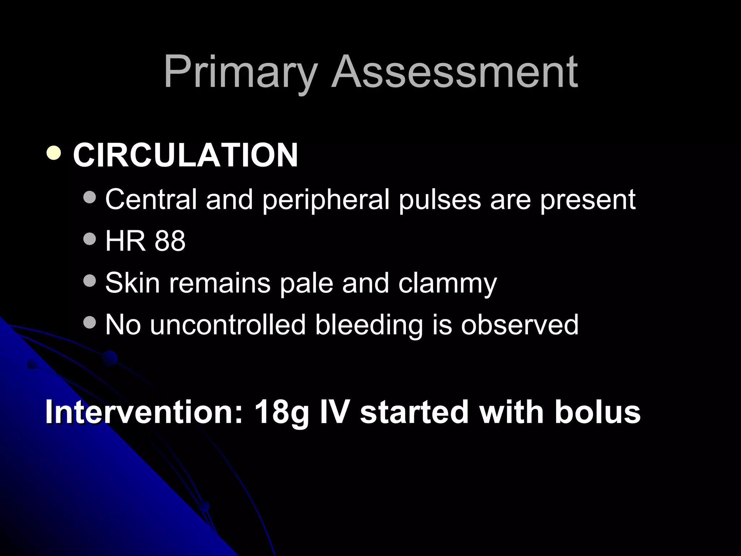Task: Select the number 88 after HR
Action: (x=170, y=241)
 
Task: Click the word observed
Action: (x=520, y=324)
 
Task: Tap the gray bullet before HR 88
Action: (x=89, y=239)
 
